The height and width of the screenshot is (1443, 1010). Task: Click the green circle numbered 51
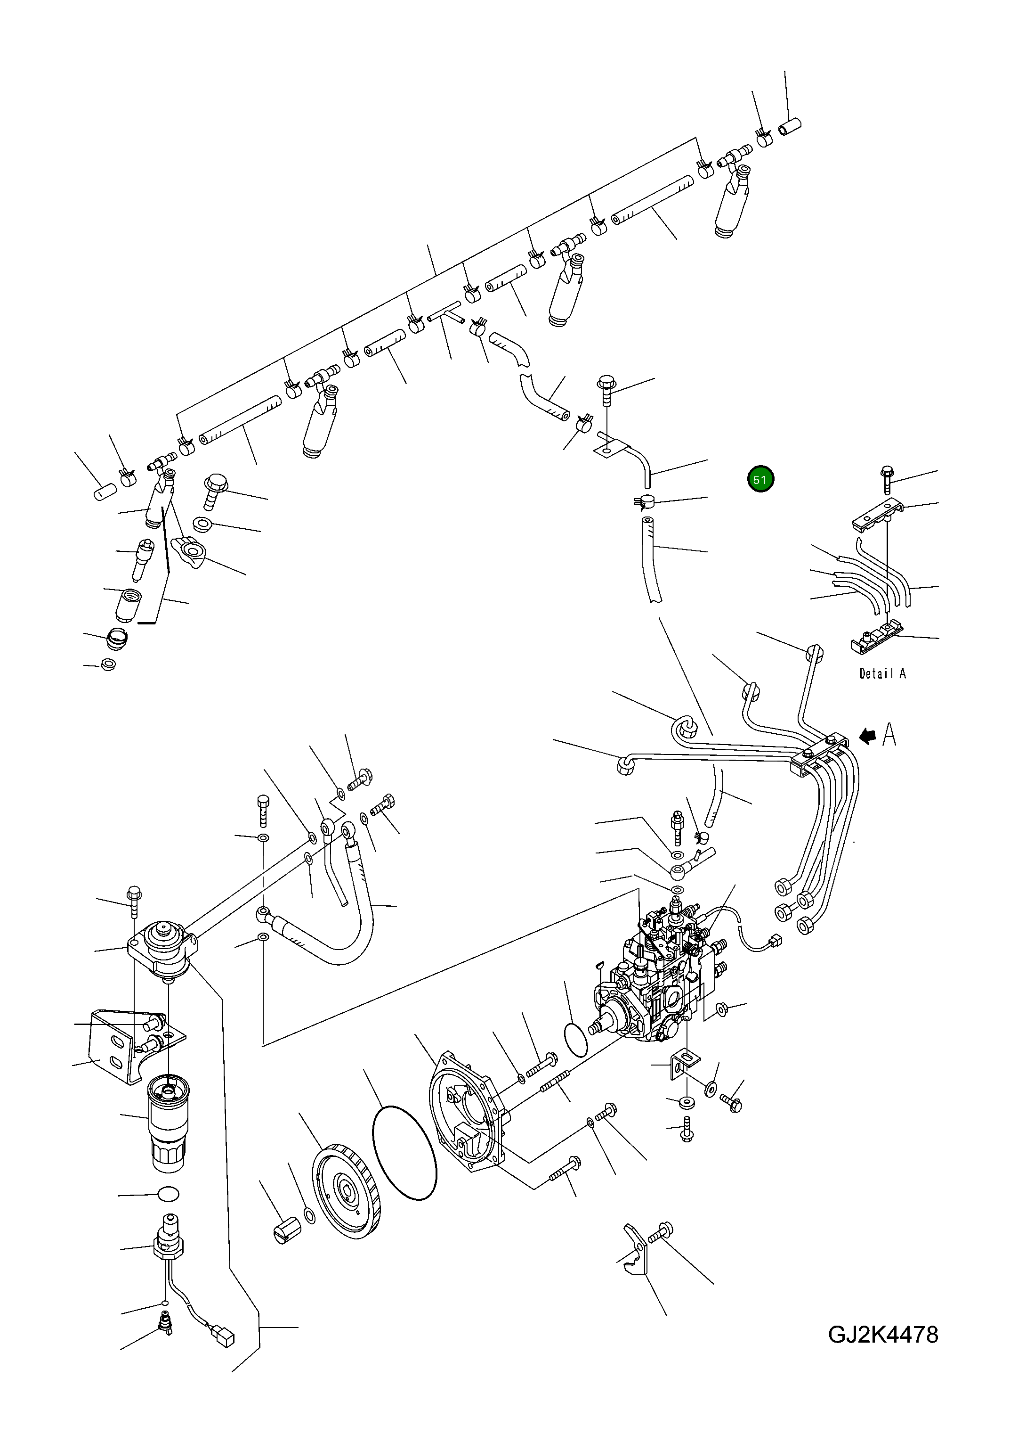tap(760, 480)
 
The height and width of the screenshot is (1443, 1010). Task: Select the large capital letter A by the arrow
tap(889, 734)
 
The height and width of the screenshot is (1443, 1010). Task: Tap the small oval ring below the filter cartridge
tap(167, 1194)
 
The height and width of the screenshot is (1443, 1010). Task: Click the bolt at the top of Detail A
tap(887, 480)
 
